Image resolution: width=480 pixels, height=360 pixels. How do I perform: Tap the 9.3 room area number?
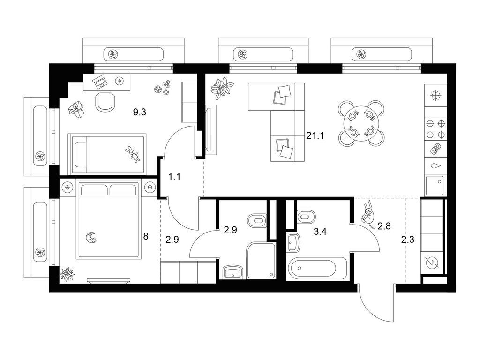(x=139, y=112)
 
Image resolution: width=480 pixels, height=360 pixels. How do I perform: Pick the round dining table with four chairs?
(x=361, y=123)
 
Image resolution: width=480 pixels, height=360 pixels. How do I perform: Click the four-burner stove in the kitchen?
(x=435, y=129)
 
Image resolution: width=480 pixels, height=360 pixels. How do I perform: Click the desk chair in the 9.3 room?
(x=105, y=101)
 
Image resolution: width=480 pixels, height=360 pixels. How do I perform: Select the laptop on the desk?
(x=100, y=82)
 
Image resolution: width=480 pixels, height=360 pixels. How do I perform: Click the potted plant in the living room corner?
(x=222, y=88)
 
